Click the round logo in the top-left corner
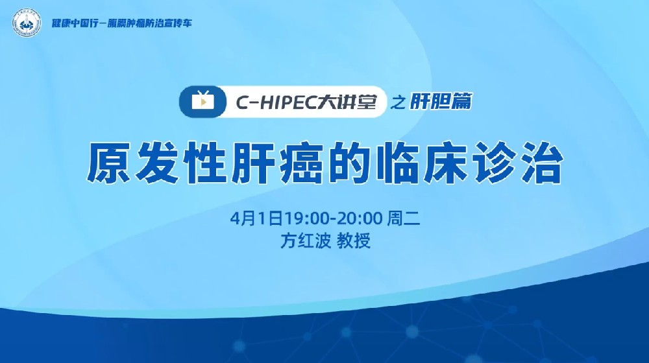[23, 23]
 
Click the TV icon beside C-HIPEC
[202, 102]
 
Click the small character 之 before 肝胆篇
[399, 102]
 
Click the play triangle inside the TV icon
[202, 102]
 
